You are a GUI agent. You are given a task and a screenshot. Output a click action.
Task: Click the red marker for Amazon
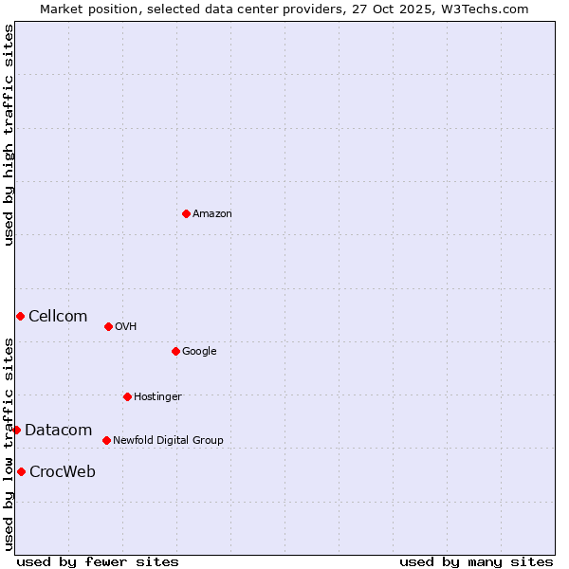click(x=186, y=213)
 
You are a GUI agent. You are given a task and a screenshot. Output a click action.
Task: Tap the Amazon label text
click(x=212, y=214)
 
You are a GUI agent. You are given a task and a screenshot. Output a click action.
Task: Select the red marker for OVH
click(x=108, y=326)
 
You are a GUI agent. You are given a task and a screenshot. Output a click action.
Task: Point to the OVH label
click(x=126, y=327)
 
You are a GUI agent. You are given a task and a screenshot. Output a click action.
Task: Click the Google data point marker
click(x=175, y=351)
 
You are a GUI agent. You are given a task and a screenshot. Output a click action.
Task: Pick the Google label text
click(x=199, y=352)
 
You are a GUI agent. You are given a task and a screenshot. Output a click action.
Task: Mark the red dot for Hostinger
click(x=127, y=396)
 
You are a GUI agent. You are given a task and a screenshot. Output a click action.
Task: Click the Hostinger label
click(x=157, y=396)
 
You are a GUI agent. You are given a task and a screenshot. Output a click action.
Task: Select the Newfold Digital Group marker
click(x=106, y=440)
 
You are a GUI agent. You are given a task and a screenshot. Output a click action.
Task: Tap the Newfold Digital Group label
click(x=168, y=440)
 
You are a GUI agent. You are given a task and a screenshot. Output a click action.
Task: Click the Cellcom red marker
click(x=20, y=316)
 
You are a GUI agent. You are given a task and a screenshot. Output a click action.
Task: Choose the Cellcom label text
click(x=58, y=317)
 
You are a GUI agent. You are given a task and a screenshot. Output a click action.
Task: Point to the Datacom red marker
click(x=16, y=430)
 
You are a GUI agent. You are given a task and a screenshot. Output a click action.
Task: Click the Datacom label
click(x=58, y=431)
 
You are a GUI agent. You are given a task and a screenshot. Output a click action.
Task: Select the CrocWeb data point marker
click(x=21, y=471)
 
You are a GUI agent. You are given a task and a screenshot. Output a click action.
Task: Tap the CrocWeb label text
click(x=63, y=472)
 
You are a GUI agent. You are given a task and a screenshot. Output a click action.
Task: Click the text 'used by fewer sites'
click(x=98, y=561)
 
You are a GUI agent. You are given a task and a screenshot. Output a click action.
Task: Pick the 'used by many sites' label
click(x=476, y=561)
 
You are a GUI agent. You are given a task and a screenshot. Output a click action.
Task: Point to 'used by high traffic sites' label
click(x=9, y=135)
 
